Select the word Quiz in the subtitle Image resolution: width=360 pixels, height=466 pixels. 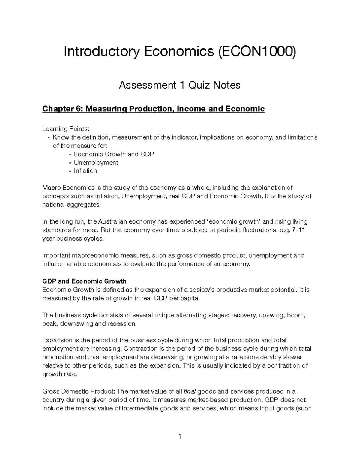(x=199, y=85)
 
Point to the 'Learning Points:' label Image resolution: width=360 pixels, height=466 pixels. (x=66, y=129)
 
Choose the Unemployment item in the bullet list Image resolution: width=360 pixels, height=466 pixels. (x=96, y=163)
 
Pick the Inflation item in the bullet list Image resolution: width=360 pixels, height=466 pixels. (x=85, y=171)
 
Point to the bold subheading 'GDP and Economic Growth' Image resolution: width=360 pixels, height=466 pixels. (x=84, y=281)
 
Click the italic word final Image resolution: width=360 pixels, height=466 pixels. (x=189, y=391)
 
